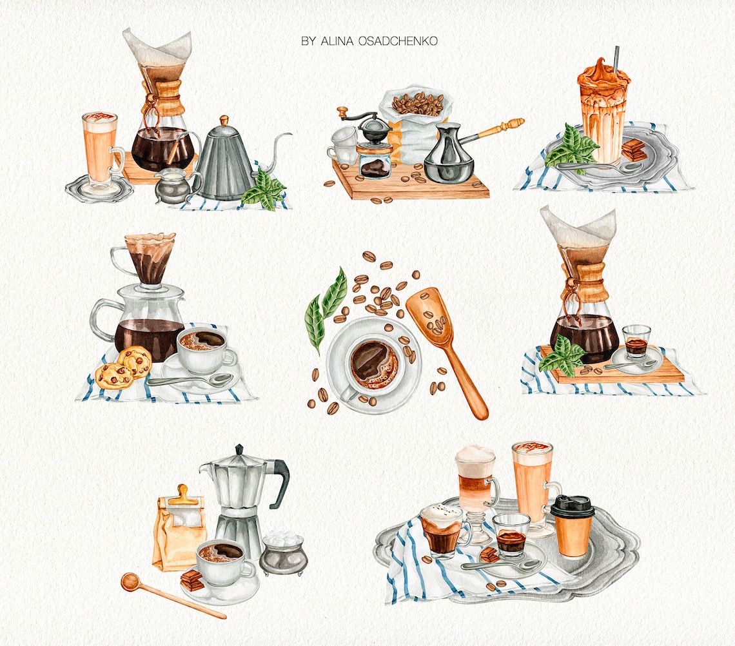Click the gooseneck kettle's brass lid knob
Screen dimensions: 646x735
coord(224,121)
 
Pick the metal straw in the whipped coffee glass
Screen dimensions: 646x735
coord(616,59)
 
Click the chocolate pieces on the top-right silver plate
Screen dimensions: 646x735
coord(634,150)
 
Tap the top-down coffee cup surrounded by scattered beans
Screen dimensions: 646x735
coord(373,364)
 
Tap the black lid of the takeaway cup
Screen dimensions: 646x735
coord(572,506)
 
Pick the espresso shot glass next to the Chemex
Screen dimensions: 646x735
coord(636,342)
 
